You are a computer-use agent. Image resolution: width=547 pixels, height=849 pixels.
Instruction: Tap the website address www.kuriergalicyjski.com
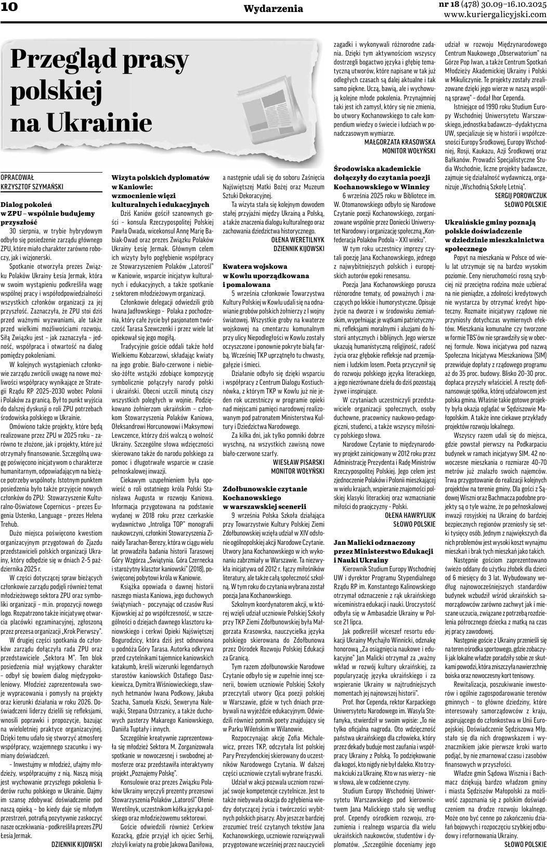pyautogui.click(x=495, y=15)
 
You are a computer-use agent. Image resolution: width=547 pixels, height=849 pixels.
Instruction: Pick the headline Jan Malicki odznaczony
pyautogui.click(x=383, y=551)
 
